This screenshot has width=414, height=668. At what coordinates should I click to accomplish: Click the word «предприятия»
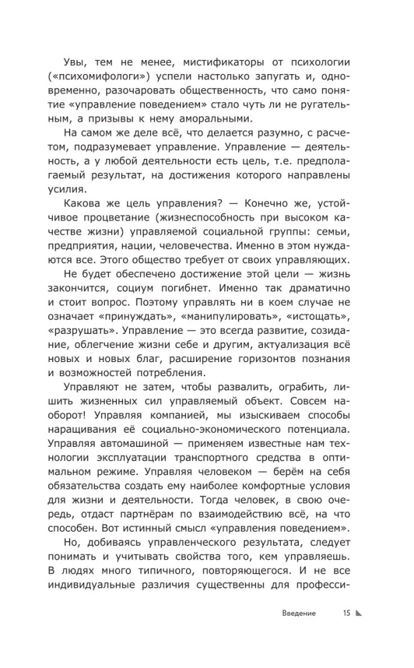point(83,249)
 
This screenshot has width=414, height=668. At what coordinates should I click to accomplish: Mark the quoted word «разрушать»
point(84,336)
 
